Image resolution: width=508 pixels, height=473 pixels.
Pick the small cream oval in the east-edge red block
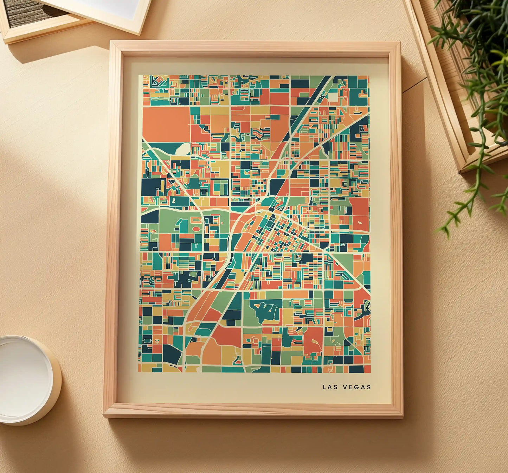(x=360, y=223)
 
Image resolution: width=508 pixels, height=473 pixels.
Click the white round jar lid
(x=25, y=378)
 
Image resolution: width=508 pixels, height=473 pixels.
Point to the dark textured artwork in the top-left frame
(x=32, y=12)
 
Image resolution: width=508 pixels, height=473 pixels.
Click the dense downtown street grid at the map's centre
(x=278, y=232)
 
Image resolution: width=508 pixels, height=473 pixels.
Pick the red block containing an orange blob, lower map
(x=313, y=339)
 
